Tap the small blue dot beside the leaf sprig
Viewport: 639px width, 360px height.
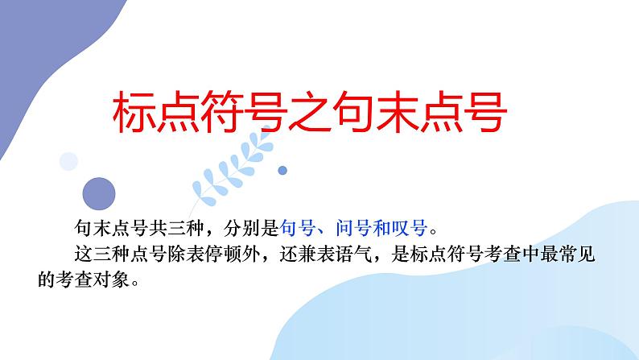[282, 171]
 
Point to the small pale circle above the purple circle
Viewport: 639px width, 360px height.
[69, 162]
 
